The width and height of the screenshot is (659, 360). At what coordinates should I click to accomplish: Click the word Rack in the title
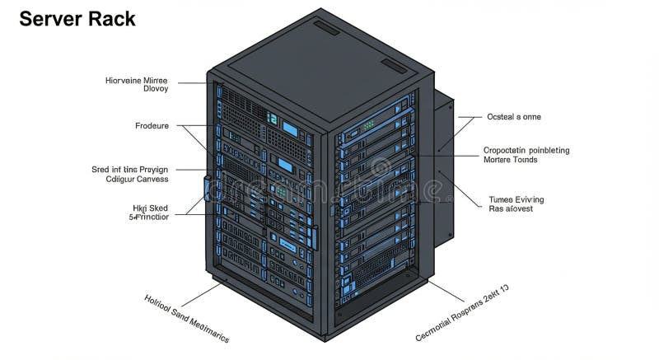pos(113,19)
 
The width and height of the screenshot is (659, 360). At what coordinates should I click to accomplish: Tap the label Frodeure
pos(152,126)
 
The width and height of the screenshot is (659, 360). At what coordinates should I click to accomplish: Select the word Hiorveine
pos(124,81)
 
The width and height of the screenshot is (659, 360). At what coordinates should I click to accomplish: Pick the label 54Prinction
pos(149,217)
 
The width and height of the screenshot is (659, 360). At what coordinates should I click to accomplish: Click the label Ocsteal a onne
pos(514,117)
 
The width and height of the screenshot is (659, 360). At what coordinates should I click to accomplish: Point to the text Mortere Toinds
pos(510,160)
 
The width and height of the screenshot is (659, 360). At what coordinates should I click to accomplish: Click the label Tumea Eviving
pos(516,199)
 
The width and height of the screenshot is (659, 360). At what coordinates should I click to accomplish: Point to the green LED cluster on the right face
pos(367,124)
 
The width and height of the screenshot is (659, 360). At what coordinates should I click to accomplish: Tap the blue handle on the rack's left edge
pos(206,187)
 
